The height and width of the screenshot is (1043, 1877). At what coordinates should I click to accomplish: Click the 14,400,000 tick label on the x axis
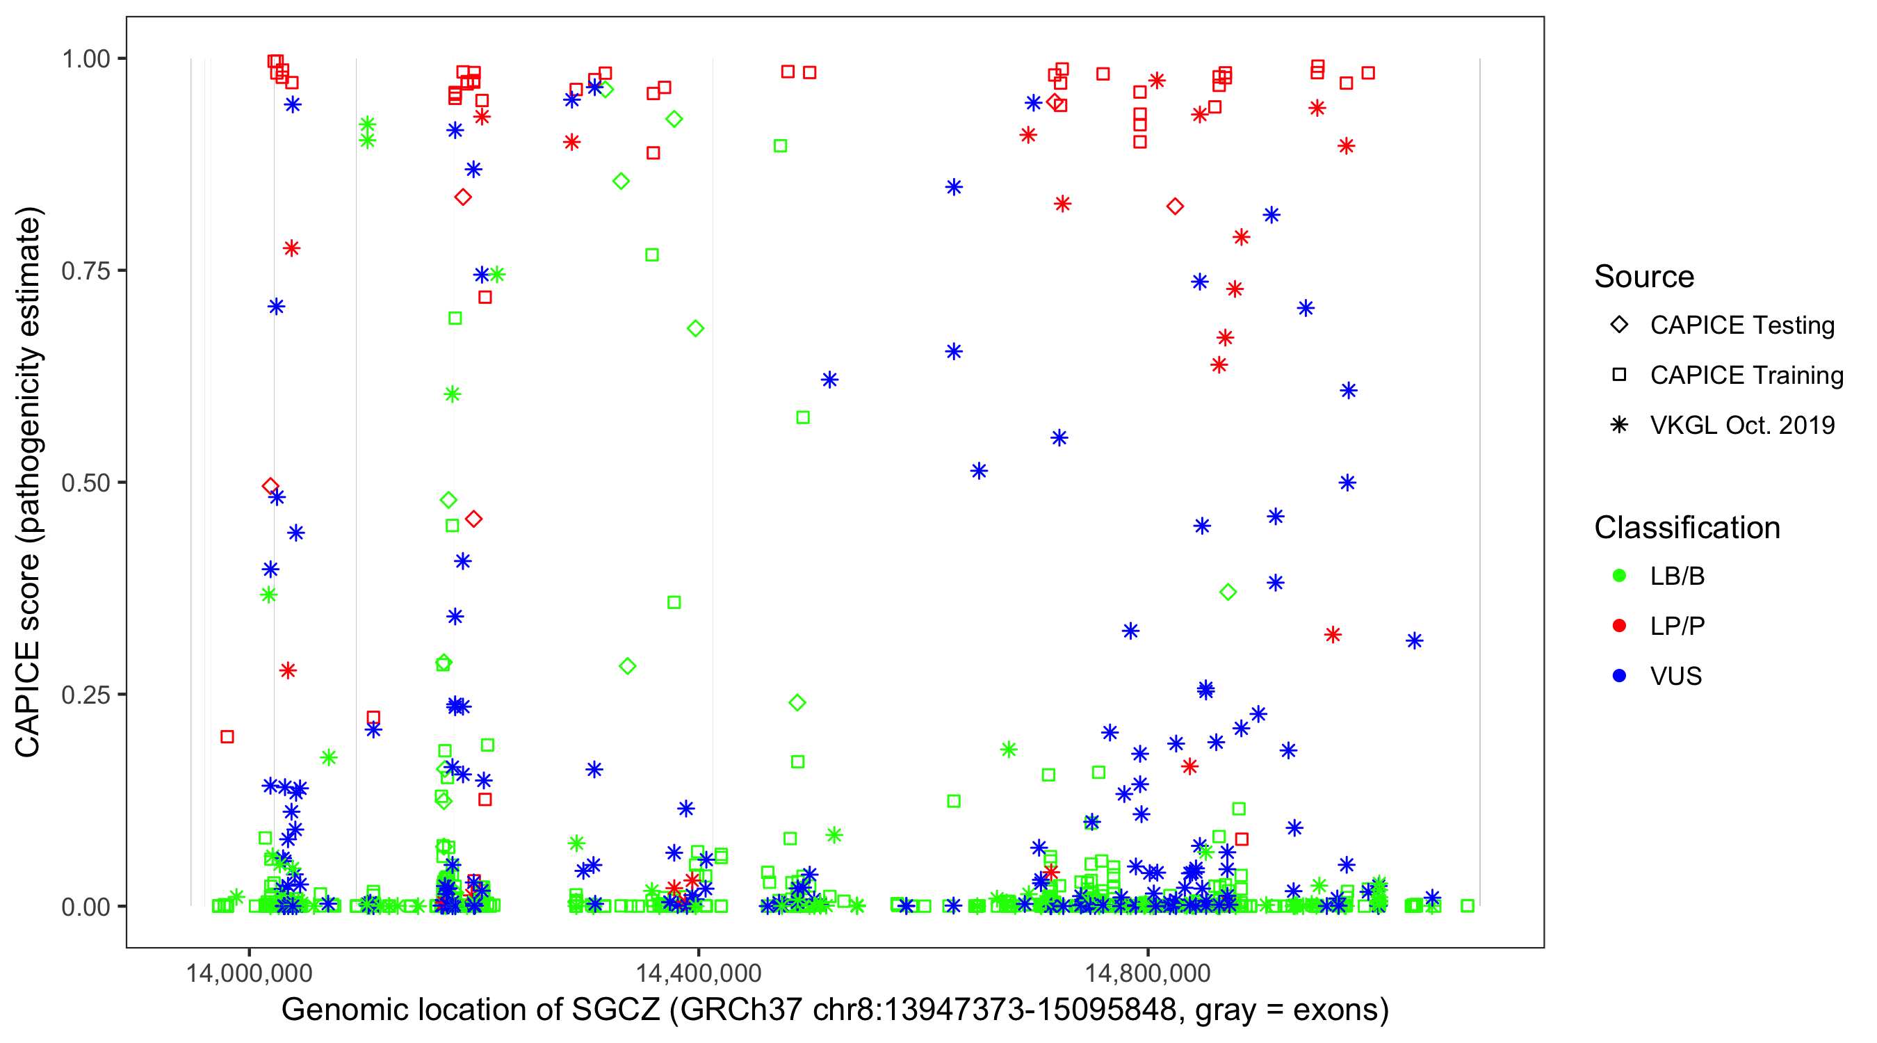pyautogui.click(x=698, y=972)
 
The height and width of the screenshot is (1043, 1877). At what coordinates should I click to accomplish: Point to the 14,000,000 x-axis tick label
pyautogui.click(x=248, y=972)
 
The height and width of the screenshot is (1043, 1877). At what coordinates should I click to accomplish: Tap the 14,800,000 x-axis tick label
pyautogui.click(x=1148, y=972)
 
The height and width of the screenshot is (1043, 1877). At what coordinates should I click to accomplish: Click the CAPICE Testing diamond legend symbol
pyautogui.click(x=1619, y=325)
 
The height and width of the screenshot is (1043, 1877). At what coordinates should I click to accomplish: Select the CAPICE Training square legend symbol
pyautogui.click(x=1619, y=375)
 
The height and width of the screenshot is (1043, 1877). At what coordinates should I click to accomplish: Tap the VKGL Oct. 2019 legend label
pyautogui.click(x=1742, y=425)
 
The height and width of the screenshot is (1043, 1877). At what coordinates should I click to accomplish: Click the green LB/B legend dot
pyautogui.click(x=1619, y=576)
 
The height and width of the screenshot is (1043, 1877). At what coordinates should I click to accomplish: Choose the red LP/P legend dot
pyautogui.click(x=1619, y=626)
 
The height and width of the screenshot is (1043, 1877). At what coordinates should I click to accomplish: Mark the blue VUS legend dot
pyautogui.click(x=1619, y=677)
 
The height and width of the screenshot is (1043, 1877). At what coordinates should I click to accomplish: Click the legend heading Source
pyautogui.click(x=1644, y=277)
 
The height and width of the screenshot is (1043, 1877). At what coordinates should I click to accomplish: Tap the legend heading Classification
pyautogui.click(x=1687, y=528)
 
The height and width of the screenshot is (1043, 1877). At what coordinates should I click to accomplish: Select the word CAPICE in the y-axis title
pyautogui.click(x=28, y=698)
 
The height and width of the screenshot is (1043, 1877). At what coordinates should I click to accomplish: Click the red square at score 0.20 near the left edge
pyautogui.click(x=227, y=737)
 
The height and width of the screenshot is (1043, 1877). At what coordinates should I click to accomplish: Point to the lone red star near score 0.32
pyautogui.click(x=1333, y=635)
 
